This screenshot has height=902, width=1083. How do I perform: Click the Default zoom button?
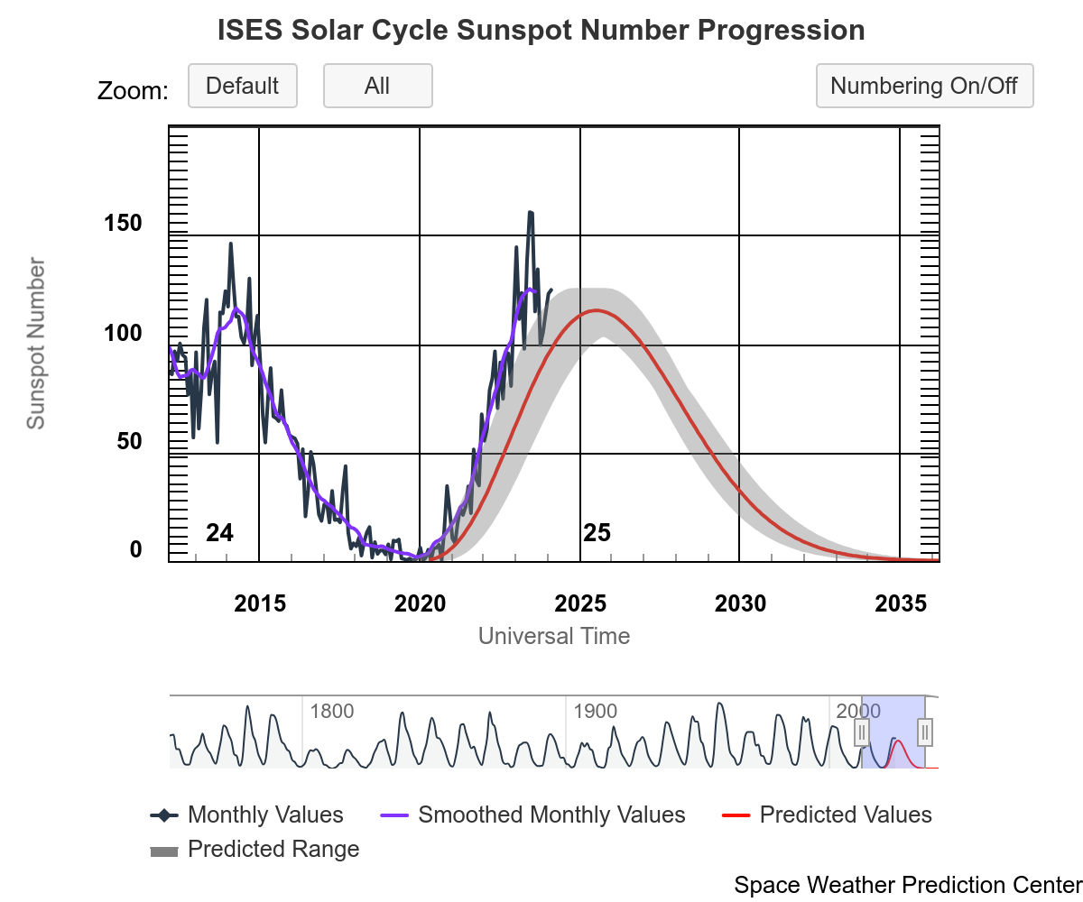pyautogui.click(x=242, y=86)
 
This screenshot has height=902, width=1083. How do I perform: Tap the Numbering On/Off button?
pyautogui.click(x=924, y=86)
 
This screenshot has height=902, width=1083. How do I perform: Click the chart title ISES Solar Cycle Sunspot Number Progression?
pyautogui.click(x=541, y=30)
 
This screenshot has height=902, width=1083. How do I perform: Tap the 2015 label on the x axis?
pyautogui.click(x=260, y=603)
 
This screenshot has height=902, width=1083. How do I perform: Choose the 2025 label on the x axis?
pyautogui.click(x=580, y=603)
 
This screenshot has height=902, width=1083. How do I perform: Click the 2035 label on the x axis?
pyautogui.click(x=901, y=603)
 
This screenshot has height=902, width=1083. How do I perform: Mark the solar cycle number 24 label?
pyautogui.click(x=219, y=533)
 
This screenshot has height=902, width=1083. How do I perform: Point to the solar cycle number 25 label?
pyautogui.click(x=597, y=533)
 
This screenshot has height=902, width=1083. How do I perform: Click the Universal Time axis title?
pyautogui.click(x=553, y=636)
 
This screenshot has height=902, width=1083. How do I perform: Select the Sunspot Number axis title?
pyautogui.click(x=35, y=344)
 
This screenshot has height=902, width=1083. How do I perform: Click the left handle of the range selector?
pyautogui.click(x=862, y=732)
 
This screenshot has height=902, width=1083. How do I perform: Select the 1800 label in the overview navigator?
pyautogui.click(x=331, y=711)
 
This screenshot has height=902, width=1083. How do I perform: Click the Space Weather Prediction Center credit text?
pyautogui.click(x=907, y=885)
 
